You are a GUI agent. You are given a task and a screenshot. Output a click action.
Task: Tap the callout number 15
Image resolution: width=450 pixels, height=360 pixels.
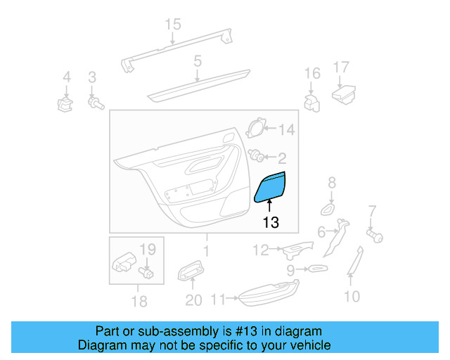click(173, 25)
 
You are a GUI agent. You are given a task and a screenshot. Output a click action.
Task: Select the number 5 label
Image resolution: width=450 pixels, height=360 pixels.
click(198, 62)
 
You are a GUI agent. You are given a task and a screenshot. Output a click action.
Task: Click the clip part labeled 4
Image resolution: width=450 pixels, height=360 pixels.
click(65, 105)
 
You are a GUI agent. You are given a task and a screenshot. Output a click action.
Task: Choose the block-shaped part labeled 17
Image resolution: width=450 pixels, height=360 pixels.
click(344, 94)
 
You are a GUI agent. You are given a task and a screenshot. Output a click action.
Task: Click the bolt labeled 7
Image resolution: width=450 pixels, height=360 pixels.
click(375, 234)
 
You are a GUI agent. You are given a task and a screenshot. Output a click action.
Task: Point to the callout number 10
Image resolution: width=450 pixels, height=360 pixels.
click(352, 296)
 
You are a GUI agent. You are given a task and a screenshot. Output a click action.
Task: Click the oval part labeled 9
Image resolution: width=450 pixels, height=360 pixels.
click(315, 268)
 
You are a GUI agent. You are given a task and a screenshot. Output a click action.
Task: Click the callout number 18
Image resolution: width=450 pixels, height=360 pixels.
click(139, 302)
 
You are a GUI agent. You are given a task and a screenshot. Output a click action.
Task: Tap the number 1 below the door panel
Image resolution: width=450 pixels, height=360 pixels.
click(205, 250)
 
